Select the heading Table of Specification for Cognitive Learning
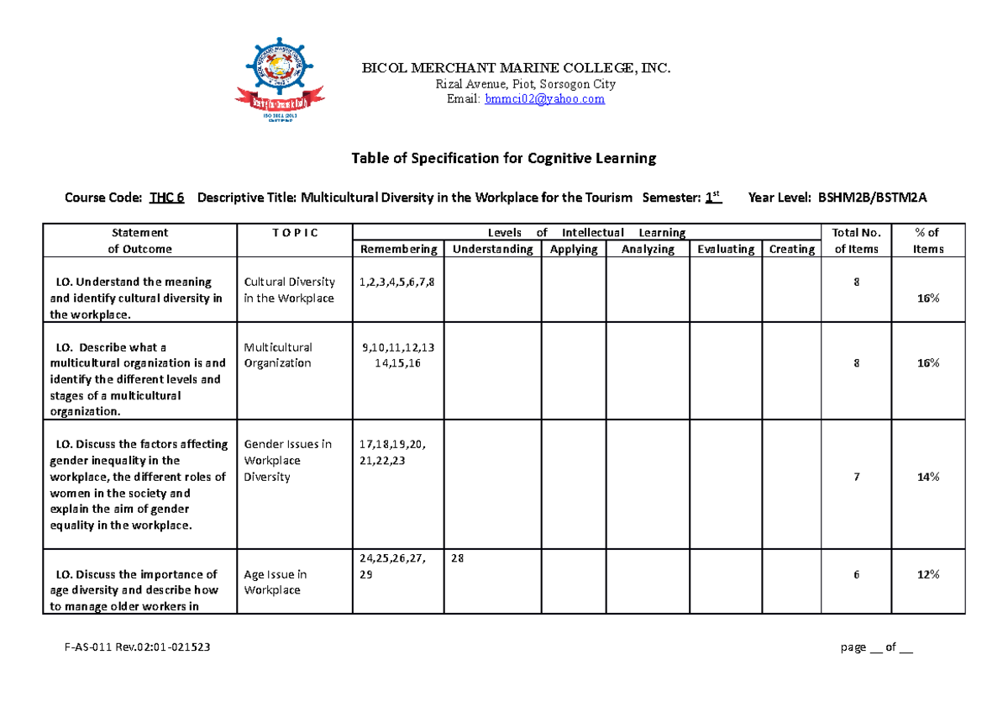(x=503, y=158)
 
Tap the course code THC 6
(x=166, y=198)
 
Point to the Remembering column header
(x=398, y=249)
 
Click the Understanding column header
(x=492, y=249)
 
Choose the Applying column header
(x=574, y=249)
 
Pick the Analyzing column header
(x=648, y=249)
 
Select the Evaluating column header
(x=725, y=249)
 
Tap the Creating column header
(x=791, y=249)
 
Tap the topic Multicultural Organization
(x=278, y=355)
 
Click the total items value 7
(x=856, y=477)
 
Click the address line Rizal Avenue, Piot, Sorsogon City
(x=525, y=84)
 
